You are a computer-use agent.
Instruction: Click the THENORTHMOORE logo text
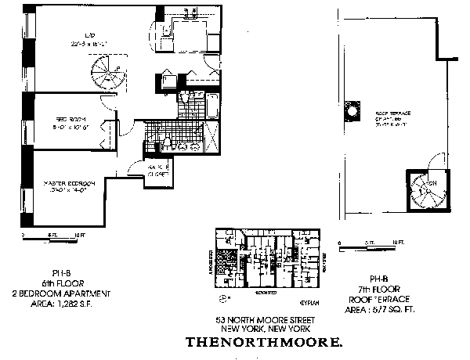click(263, 342)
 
